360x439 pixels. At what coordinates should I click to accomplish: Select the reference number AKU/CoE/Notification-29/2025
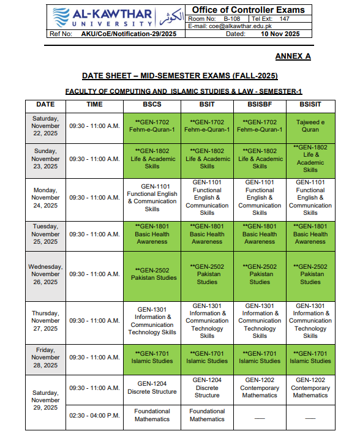tap(129, 34)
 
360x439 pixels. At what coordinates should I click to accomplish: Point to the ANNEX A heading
tap(293, 56)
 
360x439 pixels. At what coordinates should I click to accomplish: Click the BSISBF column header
tap(260, 104)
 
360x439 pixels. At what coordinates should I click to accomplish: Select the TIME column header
tap(94, 104)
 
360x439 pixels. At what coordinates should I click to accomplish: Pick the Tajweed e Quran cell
tap(310, 126)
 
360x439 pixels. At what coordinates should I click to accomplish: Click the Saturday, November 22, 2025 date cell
tap(46, 126)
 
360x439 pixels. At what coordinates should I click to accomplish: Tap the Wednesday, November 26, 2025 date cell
tap(46, 274)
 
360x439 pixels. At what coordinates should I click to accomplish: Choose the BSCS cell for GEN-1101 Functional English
tap(152, 198)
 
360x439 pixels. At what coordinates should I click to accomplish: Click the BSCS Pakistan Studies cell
tap(152, 274)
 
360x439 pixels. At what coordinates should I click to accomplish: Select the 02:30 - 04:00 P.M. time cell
tap(94, 415)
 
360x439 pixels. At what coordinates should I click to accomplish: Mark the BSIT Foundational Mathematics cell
tap(207, 415)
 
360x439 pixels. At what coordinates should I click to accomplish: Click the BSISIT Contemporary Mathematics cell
tap(310, 388)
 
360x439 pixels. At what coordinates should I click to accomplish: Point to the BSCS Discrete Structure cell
tap(152, 388)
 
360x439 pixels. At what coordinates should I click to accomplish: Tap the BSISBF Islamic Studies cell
tap(260, 357)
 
